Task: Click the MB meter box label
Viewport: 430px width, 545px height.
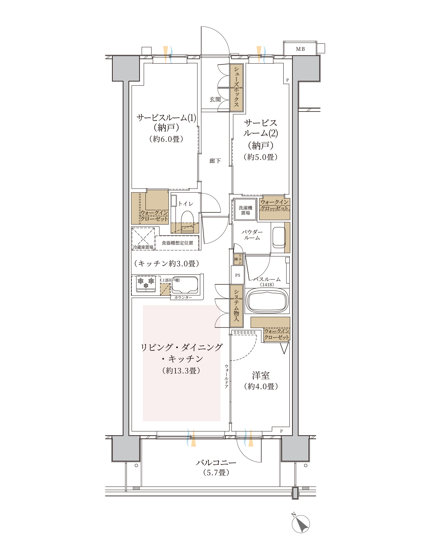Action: click(300, 49)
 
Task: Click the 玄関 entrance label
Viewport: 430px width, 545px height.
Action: click(215, 99)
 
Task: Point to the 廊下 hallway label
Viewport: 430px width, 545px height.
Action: click(215, 161)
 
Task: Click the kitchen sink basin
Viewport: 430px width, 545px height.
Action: click(185, 285)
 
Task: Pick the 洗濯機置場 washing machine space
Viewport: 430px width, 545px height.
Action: click(245, 210)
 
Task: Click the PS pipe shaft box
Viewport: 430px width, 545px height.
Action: click(238, 275)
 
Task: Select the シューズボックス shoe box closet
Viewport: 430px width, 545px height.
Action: click(236, 87)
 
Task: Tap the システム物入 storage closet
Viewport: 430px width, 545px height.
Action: click(236, 306)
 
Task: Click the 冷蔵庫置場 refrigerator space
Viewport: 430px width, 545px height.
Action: click(143, 239)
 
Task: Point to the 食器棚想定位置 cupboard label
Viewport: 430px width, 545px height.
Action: click(177, 243)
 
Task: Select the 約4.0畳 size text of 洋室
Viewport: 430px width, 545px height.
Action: click(261, 386)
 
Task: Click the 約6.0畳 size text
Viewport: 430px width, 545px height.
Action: click(166, 139)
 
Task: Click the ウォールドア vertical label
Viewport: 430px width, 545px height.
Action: click(226, 376)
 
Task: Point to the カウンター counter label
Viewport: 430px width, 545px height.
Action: click(183, 297)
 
